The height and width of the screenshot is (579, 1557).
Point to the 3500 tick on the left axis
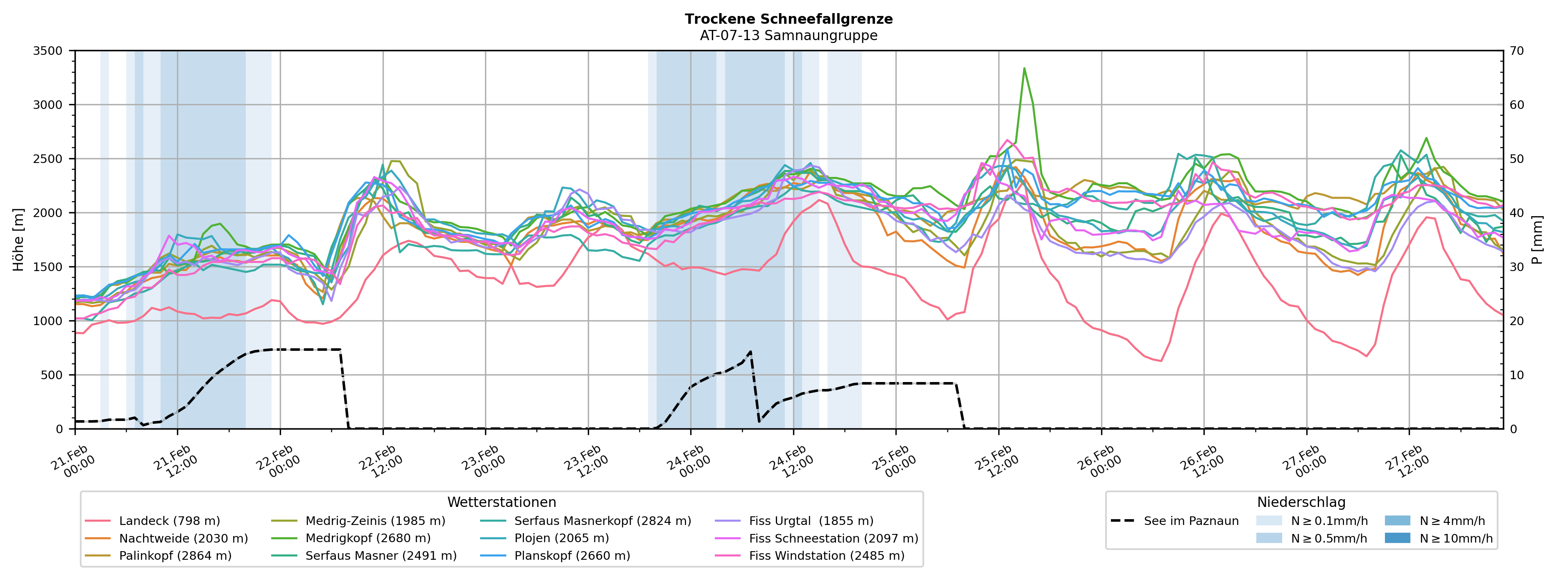coord(48,51)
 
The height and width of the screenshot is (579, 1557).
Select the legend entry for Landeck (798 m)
coord(169,521)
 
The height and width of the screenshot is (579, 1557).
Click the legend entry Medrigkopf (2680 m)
coord(367,538)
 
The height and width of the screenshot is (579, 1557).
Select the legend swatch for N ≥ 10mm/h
coord(1397,538)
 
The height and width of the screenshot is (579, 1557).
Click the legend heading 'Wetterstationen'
coord(502,502)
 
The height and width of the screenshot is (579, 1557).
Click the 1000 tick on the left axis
coord(48,321)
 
